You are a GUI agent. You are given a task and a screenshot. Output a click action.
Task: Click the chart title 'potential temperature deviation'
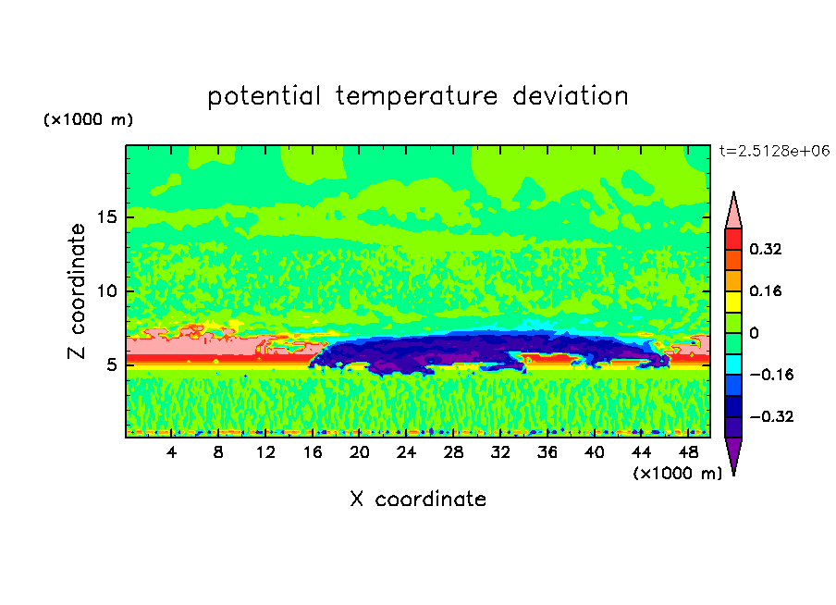point(418,96)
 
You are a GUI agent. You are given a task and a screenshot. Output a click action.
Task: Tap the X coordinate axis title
point(418,500)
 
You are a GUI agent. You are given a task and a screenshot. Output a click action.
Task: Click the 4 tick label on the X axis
point(172,452)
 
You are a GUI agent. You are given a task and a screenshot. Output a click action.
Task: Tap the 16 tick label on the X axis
point(313,452)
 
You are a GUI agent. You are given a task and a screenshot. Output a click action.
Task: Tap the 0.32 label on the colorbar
point(767,249)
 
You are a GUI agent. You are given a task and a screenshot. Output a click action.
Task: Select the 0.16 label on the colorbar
point(767,290)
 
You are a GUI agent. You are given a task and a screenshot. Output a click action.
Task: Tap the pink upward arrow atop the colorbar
point(733,212)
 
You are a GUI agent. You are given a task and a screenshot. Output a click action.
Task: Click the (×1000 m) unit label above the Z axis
point(88,120)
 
